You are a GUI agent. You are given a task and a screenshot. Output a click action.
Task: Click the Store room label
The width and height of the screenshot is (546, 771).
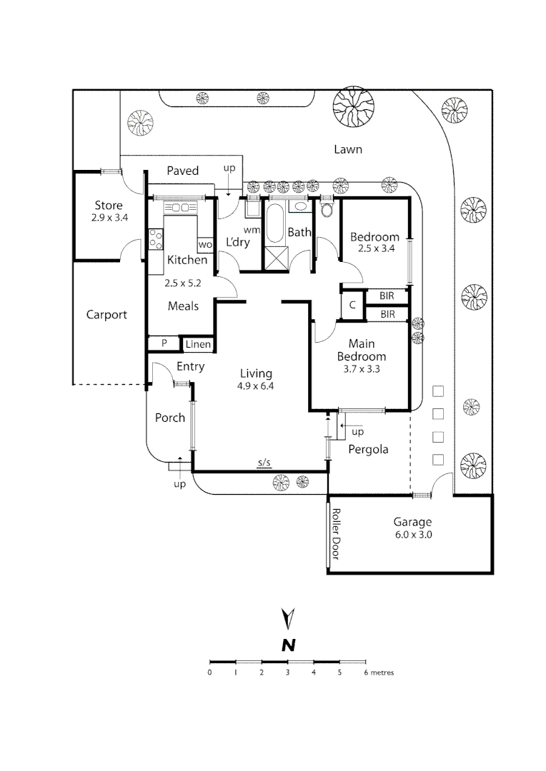(109, 206)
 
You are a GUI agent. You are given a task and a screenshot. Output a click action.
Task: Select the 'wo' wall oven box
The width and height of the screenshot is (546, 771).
(205, 244)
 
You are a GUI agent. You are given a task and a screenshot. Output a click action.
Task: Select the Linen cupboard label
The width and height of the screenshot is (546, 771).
(198, 345)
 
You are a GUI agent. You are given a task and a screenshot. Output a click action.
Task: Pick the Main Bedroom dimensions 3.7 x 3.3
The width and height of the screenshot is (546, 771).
(362, 369)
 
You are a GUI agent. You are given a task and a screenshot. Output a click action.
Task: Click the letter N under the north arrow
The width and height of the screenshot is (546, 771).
(288, 645)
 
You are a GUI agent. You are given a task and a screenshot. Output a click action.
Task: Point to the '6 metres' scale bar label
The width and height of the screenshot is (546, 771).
(379, 672)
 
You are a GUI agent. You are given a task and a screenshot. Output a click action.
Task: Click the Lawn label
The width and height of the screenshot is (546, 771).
(348, 149)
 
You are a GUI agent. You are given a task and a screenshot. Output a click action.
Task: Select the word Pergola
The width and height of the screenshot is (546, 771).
(368, 449)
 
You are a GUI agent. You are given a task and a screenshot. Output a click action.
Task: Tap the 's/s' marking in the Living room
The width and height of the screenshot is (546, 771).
(264, 463)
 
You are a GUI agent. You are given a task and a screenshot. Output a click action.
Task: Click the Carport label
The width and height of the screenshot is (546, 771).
(106, 314)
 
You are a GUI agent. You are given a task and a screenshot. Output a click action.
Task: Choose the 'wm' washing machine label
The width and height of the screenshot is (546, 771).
(251, 230)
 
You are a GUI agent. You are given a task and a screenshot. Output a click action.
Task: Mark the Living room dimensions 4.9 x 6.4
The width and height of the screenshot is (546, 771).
(256, 386)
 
